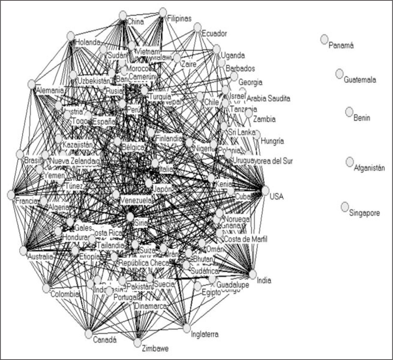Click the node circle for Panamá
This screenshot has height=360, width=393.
coord(324,39)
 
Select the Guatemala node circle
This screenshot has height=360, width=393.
coord(340,74)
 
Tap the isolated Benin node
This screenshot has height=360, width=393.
coord(349,112)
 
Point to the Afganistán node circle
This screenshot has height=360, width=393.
coord(349,162)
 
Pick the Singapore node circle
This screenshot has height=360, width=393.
coord(345,207)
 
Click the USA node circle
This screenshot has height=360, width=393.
coord(265,190)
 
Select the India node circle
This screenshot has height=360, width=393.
coord(252,274)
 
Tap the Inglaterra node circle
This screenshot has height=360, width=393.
coord(187,328)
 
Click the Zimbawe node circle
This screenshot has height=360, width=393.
coord(137,342)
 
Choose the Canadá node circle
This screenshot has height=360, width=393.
coord(88,334)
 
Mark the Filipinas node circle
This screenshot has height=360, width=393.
coord(163,12)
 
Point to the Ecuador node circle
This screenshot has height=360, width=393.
coord(197,27)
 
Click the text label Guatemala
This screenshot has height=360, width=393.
coord(360,80)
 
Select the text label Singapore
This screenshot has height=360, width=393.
coord(364,213)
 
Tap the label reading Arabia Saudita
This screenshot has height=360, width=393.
coord(268,98)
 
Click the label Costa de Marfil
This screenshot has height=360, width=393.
coord(246,239)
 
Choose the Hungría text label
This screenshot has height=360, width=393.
coord(272,141)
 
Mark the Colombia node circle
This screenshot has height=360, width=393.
coord(46,288)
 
